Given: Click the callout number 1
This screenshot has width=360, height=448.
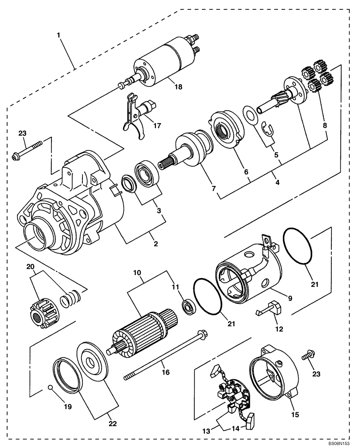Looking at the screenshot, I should coord(59,34).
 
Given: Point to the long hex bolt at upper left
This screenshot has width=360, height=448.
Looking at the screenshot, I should coord(30,149).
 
